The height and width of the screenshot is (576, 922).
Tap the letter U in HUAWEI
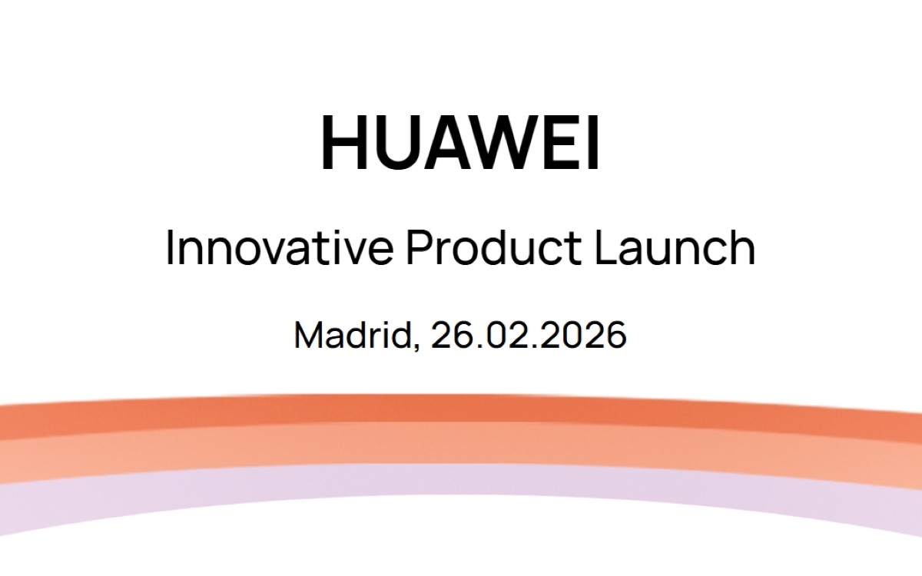click(x=397, y=144)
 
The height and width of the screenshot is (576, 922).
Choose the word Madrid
click(x=353, y=336)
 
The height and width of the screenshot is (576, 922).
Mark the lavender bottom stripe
click(x=461, y=480)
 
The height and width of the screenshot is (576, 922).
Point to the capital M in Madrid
click(x=310, y=336)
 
